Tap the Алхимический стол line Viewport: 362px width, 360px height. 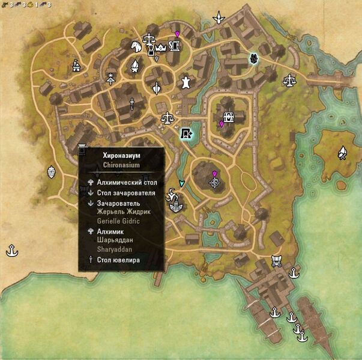pos(126,181)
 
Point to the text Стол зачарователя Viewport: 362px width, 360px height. pos(126,193)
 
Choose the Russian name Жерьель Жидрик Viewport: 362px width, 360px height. pos(124,212)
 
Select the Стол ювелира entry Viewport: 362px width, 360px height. pos(118,260)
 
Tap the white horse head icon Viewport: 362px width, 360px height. pos(136,46)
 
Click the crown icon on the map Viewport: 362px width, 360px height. pos(160,47)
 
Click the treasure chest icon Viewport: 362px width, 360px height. pos(228,117)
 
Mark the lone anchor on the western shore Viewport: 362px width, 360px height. pos(11,248)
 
